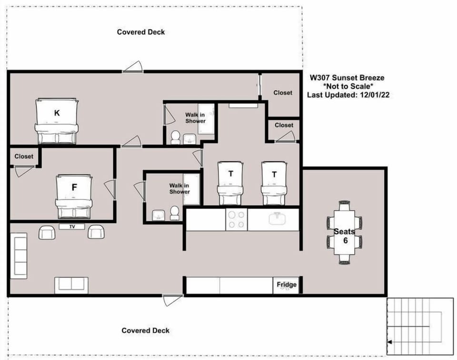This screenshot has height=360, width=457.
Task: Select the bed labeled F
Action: pos(74,195)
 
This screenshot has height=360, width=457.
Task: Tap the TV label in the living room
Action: pos(72,226)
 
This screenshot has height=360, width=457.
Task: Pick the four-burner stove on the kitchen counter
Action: pos(236,220)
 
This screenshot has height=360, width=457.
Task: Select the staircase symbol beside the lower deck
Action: pos(419,327)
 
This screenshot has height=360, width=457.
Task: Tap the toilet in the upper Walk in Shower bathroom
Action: pos(176,137)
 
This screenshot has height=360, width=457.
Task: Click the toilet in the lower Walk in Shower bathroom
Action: pos(175,213)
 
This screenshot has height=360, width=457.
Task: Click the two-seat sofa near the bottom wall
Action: pos(71,285)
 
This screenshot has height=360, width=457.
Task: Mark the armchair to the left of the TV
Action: pos(47,232)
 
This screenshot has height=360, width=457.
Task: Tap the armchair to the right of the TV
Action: pos(96,232)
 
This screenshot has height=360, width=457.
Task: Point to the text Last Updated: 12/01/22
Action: pos(349,95)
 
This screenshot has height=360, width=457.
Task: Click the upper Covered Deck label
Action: pos(141,32)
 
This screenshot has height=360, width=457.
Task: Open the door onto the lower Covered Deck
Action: pos(172,299)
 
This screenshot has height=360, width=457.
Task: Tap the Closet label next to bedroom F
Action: pos(24,156)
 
